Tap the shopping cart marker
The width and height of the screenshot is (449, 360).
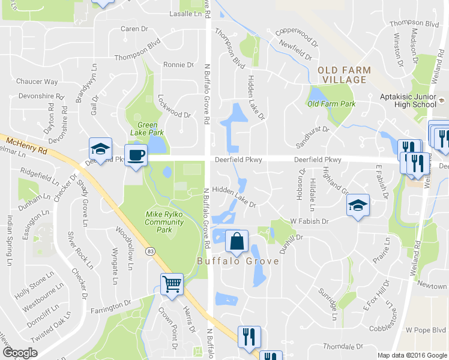tap(172, 284)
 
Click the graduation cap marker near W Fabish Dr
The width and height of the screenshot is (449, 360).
tap(358, 206)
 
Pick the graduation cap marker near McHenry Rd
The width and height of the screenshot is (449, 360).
tap(100, 149)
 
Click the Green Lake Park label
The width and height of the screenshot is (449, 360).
tap(147, 128)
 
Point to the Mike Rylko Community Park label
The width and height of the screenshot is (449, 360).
tap(164, 221)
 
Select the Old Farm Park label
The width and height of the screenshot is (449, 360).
tap(331, 104)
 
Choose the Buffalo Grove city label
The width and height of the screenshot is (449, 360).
tap(238, 261)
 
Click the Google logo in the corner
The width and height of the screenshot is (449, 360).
tap(19, 353)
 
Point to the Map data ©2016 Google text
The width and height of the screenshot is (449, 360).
tap(412, 355)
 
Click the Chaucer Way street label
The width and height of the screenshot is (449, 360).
tap(37, 82)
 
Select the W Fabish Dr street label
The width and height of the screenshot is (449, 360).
tap(310, 221)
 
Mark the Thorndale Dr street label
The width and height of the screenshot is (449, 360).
tap(344, 346)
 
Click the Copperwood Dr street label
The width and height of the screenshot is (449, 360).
tap(296, 37)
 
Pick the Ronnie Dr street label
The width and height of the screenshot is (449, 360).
tap(179, 65)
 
